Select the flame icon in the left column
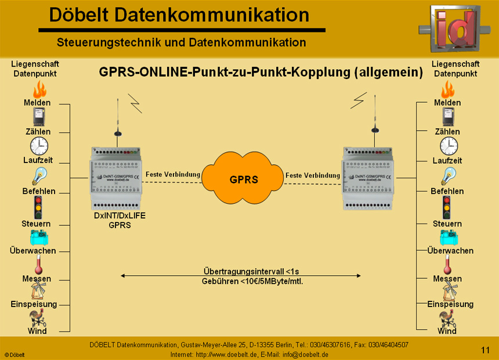tap(38, 89)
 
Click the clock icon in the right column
tap(448, 146)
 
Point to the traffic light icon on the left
tap(38, 207)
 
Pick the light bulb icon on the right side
tap(448, 176)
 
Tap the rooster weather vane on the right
tap(447, 318)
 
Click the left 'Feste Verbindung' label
tap(173, 174)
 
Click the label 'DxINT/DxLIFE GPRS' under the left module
tap(120, 220)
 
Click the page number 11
tap(486, 350)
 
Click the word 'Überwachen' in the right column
tap(450, 251)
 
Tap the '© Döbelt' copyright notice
tap(15, 354)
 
